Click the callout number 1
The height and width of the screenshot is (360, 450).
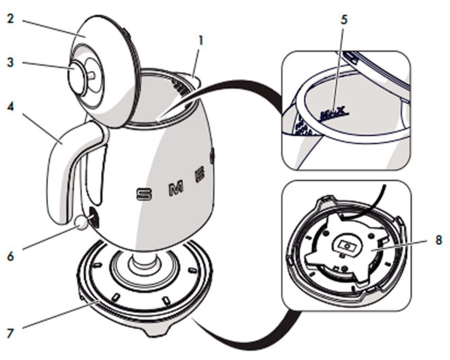tap(201, 40)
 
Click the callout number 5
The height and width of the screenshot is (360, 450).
tap(345, 20)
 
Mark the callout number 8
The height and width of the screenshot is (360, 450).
tap(439, 239)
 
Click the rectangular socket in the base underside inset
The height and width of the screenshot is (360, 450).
tap(347, 246)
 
